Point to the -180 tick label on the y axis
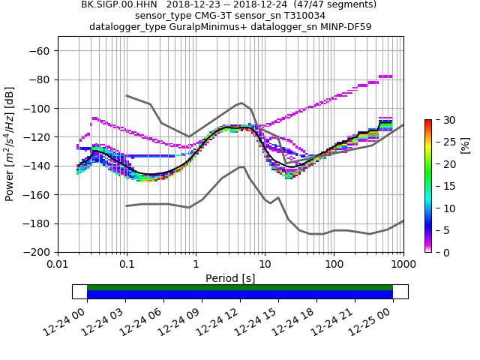click(38, 223)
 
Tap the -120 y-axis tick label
click(38, 137)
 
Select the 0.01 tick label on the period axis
click(58, 265)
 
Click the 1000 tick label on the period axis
click(403, 265)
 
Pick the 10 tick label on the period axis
click(265, 265)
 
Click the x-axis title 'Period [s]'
click(230, 277)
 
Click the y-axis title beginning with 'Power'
click(10, 144)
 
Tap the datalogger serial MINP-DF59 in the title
click(343, 27)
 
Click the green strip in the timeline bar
click(240, 287)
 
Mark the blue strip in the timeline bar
click(240, 295)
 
